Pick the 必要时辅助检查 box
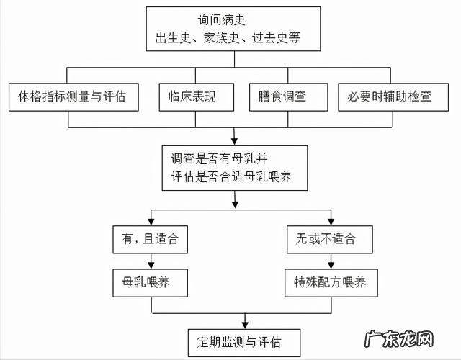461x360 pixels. click(390, 96)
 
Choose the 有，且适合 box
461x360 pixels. click(151, 238)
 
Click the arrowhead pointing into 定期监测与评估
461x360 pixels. click(246, 323)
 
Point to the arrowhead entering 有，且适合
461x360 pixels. click(151, 219)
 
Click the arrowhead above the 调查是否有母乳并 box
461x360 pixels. click(232, 138)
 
